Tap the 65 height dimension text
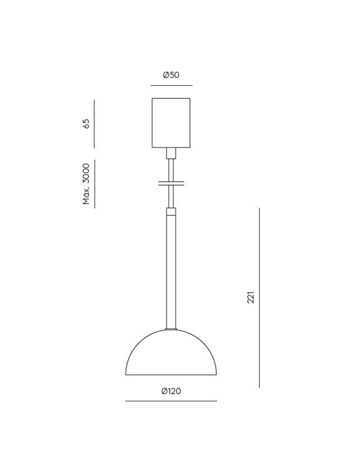click(x=86, y=124)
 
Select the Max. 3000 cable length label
click(x=86, y=184)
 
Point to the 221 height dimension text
click(x=250, y=297)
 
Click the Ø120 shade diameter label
click(x=171, y=391)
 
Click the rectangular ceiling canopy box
click(x=171, y=123)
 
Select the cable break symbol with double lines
click(x=171, y=183)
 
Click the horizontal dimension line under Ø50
click(x=171, y=85)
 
